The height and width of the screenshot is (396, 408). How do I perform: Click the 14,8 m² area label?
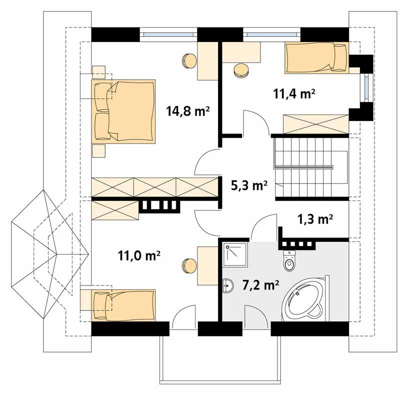187,110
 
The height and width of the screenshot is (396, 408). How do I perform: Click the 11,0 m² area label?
138,256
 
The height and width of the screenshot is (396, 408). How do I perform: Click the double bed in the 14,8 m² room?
124,111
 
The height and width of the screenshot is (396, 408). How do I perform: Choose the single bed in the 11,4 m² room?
315,57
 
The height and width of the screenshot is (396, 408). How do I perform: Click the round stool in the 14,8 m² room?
190,60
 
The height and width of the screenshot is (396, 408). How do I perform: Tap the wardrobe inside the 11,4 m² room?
315,123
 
